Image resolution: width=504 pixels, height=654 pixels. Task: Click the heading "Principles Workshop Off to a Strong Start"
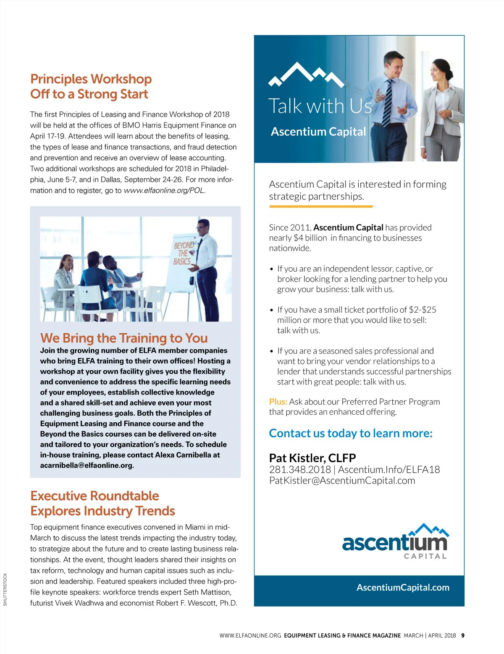tap(91, 86)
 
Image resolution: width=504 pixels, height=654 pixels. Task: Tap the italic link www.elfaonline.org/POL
tap(164, 191)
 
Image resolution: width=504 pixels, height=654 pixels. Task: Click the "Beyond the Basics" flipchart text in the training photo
tap(183, 253)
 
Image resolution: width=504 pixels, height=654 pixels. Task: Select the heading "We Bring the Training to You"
tap(124, 338)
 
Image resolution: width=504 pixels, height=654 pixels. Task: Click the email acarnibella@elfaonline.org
tap(87, 466)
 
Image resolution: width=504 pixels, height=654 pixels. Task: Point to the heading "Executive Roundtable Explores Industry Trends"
tap(102, 503)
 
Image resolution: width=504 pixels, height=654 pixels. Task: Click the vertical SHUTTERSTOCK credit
tap(5, 589)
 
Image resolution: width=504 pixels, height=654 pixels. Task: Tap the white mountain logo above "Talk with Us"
tap(306, 75)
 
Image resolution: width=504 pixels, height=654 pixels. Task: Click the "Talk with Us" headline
tap(320, 106)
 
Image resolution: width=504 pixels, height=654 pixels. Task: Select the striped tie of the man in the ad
tap(387, 103)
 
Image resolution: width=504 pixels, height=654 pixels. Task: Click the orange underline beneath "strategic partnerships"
tap(320, 207)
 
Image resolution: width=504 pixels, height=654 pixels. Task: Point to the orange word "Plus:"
tap(278, 402)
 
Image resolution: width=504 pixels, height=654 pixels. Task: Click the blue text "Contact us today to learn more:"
tap(351, 433)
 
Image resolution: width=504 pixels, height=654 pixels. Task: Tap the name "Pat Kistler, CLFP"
tap(312, 458)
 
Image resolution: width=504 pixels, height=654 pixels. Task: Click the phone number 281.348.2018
tap(300, 470)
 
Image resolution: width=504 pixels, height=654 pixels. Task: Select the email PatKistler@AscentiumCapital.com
tap(342, 481)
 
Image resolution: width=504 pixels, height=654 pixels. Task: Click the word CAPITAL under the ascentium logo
tap(425, 556)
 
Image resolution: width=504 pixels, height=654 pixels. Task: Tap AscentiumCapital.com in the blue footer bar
tap(403, 588)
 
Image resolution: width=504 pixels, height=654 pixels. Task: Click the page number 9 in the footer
tap(463, 636)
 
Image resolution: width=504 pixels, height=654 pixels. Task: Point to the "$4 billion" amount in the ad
tap(310, 238)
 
